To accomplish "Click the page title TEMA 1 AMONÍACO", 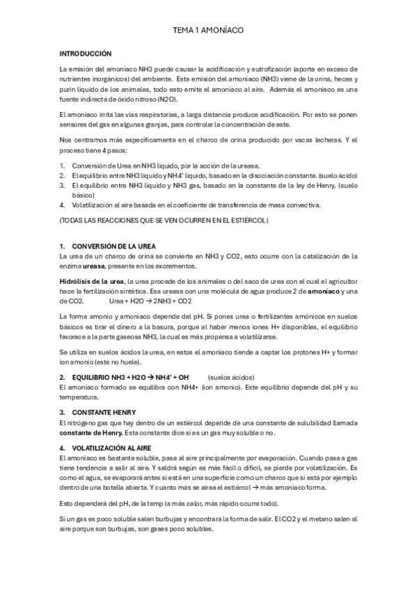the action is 208,32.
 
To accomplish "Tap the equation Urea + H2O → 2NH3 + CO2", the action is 150,301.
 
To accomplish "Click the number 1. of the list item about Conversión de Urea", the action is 63,165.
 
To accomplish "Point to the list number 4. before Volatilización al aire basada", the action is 63,205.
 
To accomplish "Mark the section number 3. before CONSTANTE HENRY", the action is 63,412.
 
